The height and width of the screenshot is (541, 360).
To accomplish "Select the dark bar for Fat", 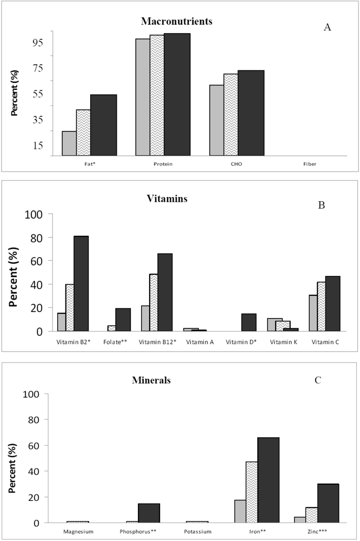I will coord(103,125).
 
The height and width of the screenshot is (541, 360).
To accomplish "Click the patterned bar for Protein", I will coord(157,95).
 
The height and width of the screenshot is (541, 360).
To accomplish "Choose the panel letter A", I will coord(327,27).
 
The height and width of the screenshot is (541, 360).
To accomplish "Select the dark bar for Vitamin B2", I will coord(81,283).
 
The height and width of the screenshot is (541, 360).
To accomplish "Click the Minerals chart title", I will coord(152,380).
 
